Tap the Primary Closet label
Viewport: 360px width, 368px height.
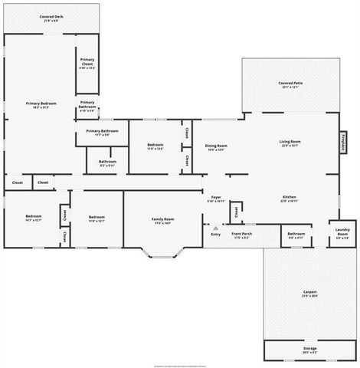pos(87,64)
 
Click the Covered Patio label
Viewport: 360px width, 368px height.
pos(290,84)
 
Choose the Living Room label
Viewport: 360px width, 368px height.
pos(290,143)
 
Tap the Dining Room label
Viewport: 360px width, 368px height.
pos(216,146)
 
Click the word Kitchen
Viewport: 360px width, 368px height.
pos(289,198)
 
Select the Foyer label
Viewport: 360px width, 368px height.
pos(216,199)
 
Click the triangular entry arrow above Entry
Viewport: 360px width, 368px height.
pos(215,228)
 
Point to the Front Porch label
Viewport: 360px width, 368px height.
pos(242,235)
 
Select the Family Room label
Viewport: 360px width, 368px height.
pos(162,221)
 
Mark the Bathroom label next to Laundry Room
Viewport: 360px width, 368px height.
pos(296,235)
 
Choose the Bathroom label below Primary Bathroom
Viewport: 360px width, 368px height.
pos(107,163)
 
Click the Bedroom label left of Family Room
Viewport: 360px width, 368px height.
pos(96,219)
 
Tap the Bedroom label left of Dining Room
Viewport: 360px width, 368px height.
pos(155,146)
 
